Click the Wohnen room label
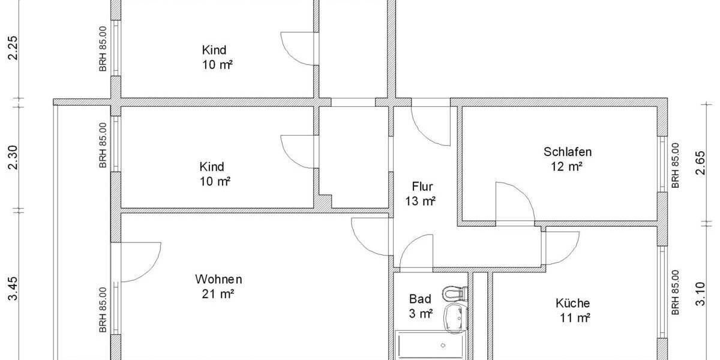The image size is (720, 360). coord(218,280)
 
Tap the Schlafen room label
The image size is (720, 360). coord(568,152)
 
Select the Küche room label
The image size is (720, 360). coord(572,304)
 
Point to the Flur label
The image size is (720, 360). coord(422,186)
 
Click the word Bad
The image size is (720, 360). coord(420,298)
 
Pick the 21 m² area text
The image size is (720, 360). coord(218,294)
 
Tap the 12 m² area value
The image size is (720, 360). coord(568,166)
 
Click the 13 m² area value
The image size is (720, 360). coord(420,201)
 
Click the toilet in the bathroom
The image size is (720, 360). coord(454,293)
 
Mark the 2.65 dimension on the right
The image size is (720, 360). coord(700,162)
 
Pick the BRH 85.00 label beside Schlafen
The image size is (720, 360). coord(676,166)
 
